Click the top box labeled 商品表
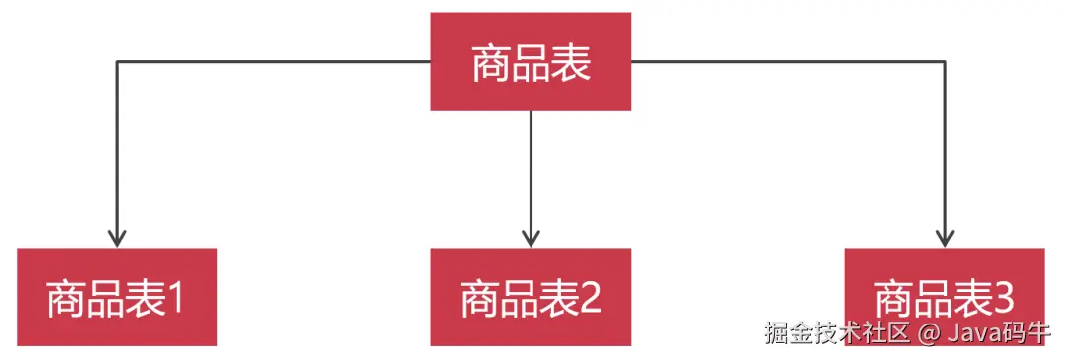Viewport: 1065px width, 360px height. pos(531,61)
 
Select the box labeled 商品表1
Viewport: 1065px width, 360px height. pos(116,296)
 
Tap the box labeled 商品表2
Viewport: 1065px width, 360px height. pos(531,296)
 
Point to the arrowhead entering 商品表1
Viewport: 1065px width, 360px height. pos(117,238)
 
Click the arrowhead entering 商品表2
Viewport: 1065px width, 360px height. pos(531,238)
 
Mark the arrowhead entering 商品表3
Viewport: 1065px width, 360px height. pos(944,238)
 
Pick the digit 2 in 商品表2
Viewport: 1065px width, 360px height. pos(590,297)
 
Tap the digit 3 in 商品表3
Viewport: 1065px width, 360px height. pos(1003,297)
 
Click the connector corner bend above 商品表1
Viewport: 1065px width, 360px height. pos(117,62)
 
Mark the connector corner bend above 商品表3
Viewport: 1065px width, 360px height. pos(944,62)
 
